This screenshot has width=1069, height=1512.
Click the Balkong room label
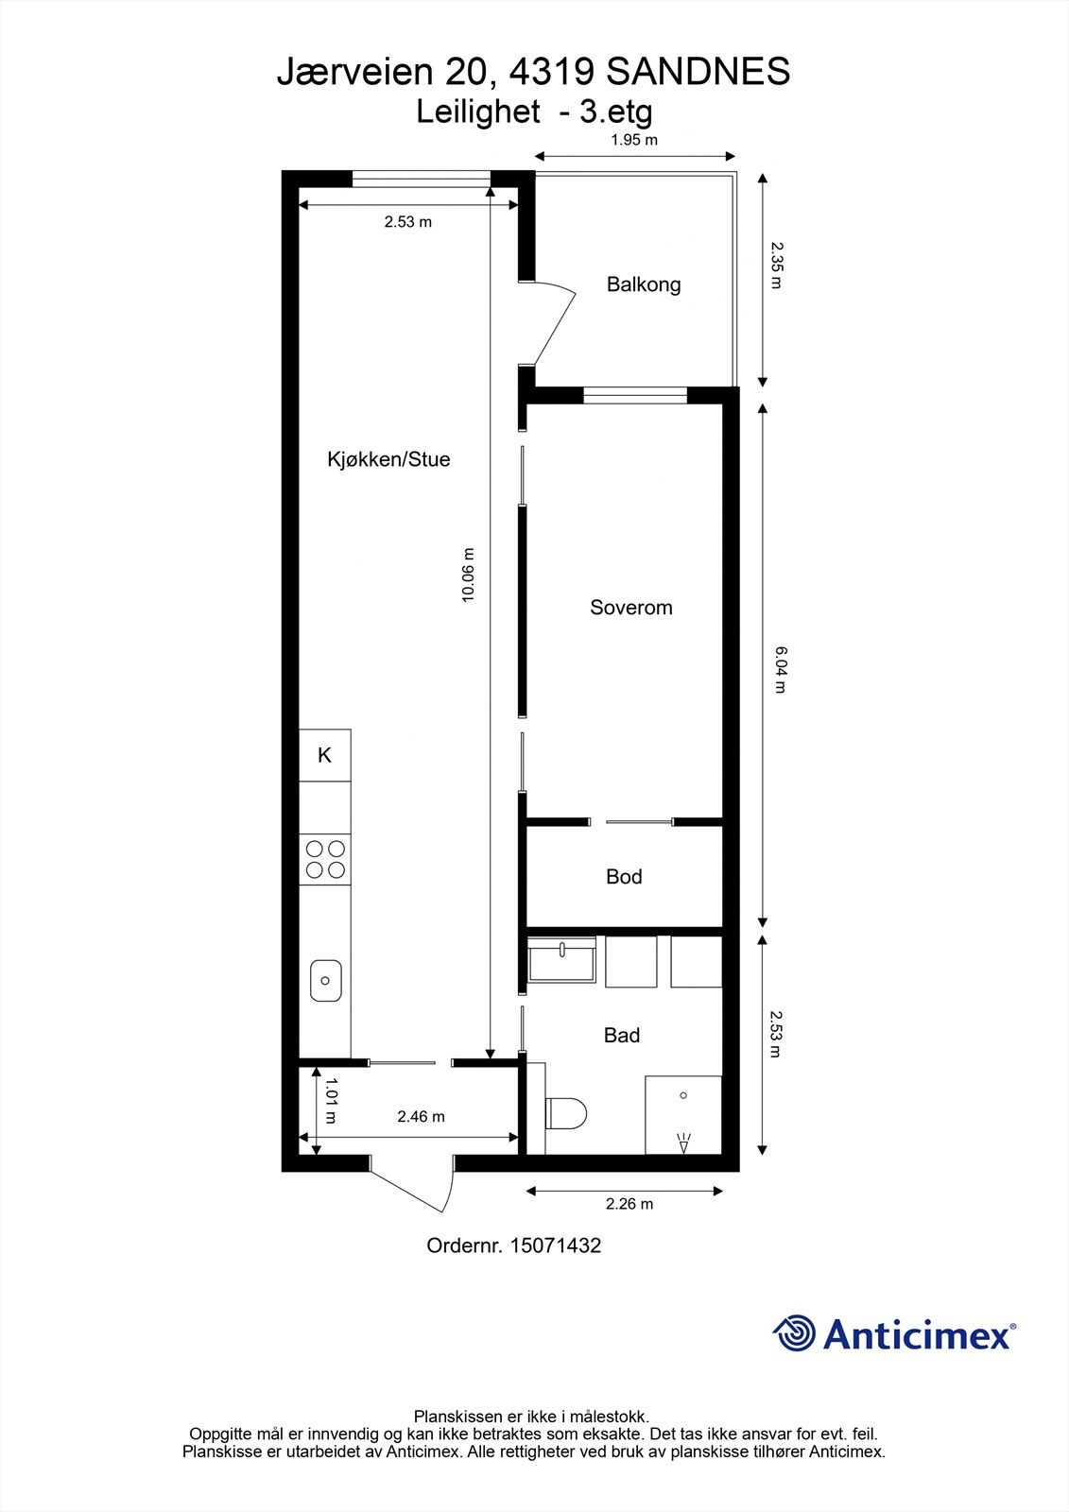pyautogui.click(x=644, y=284)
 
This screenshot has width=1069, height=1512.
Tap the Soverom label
pyautogui.click(x=631, y=608)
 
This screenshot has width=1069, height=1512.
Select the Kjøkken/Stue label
pyautogui.click(x=388, y=460)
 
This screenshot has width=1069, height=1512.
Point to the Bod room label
pyautogui.click(x=624, y=877)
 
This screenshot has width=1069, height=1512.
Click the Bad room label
pyautogui.click(x=622, y=1036)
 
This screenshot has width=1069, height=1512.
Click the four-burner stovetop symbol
pyautogui.click(x=324, y=859)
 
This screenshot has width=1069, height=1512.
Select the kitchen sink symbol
pyautogui.click(x=325, y=980)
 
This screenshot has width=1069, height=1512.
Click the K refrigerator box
pyautogui.click(x=324, y=755)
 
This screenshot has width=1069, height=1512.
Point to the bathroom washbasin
pyautogui.click(x=561, y=962)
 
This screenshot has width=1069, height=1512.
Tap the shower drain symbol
pyautogui.click(x=683, y=1095)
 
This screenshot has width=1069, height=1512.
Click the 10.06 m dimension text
pyautogui.click(x=467, y=576)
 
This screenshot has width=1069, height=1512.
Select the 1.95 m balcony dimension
pyautogui.click(x=633, y=140)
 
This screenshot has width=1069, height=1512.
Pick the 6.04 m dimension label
pyautogui.click(x=779, y=669)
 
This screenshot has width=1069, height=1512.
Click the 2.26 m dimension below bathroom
pyautogui.click(x=629, y=1204)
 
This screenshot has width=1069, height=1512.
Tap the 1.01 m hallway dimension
pyautogui.click(x=330, y=1101)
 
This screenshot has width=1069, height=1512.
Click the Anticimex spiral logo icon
pyautogui.click(x=794, y=1333)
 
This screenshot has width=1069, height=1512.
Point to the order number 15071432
pyautogui.click(x=513, y=1246)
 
